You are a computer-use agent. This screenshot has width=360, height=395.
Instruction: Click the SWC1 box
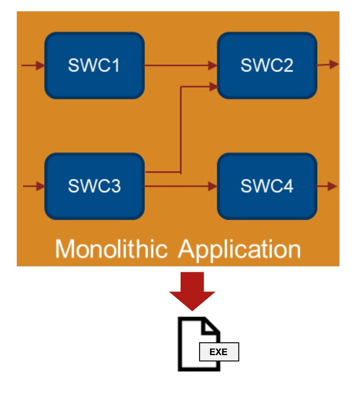95,66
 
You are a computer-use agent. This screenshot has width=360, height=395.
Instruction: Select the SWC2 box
267,66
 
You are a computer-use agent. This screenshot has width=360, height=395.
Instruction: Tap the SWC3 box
95,186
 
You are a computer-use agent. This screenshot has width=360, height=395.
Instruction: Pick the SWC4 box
267,186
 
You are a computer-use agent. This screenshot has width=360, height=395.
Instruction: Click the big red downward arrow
192,290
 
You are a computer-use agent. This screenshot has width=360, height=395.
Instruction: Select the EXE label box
218,352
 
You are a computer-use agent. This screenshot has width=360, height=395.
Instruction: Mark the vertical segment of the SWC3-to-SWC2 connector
181,128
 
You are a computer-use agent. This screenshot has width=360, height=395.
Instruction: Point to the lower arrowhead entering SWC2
213,86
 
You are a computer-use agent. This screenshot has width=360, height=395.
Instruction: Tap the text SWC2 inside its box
267,66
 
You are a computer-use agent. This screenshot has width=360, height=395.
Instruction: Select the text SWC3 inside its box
95,186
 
